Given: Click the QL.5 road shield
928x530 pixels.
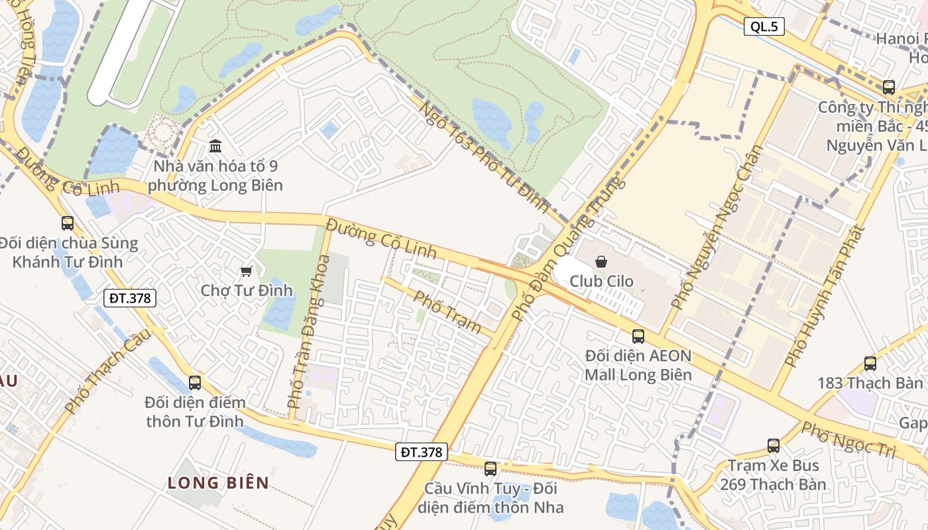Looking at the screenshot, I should pos(764,26).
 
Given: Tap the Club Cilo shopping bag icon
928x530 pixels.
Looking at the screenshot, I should pos(601,262).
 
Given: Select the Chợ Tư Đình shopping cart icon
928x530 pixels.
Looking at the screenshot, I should pos(247,271).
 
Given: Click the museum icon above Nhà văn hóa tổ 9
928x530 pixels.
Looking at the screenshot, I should pos(215,146).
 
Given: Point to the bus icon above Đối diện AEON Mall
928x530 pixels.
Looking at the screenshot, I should pos(638,336).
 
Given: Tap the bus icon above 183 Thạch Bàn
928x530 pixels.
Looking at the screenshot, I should pos(870,363).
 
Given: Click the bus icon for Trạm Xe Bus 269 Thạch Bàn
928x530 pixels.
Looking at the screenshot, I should pos(774,445).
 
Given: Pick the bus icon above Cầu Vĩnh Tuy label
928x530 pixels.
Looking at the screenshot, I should pos(491,468).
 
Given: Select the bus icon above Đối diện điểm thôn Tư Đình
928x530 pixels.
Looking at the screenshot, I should pos(194,382).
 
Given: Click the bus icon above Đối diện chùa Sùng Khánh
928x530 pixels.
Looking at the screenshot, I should pos(68,223).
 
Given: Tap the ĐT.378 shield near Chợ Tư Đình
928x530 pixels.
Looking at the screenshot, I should pos(131,298).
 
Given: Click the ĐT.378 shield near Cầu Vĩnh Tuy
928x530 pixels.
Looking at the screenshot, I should pos(422,452).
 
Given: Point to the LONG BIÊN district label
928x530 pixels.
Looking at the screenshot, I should pos(218,482).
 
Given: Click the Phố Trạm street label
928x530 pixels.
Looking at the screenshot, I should pos(447,311).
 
